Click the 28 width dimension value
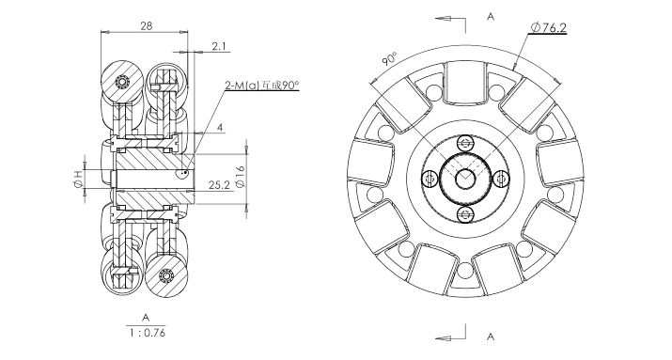coord(146,25)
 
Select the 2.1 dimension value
coord(219,46)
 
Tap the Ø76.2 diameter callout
coord(549,28)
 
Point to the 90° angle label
coord(389,58)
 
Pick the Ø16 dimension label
coord(240,176)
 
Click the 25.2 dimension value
coord(219,185)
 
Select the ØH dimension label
coord(78,179)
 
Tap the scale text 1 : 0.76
coord(146,332)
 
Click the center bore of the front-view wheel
coord(465,179)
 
